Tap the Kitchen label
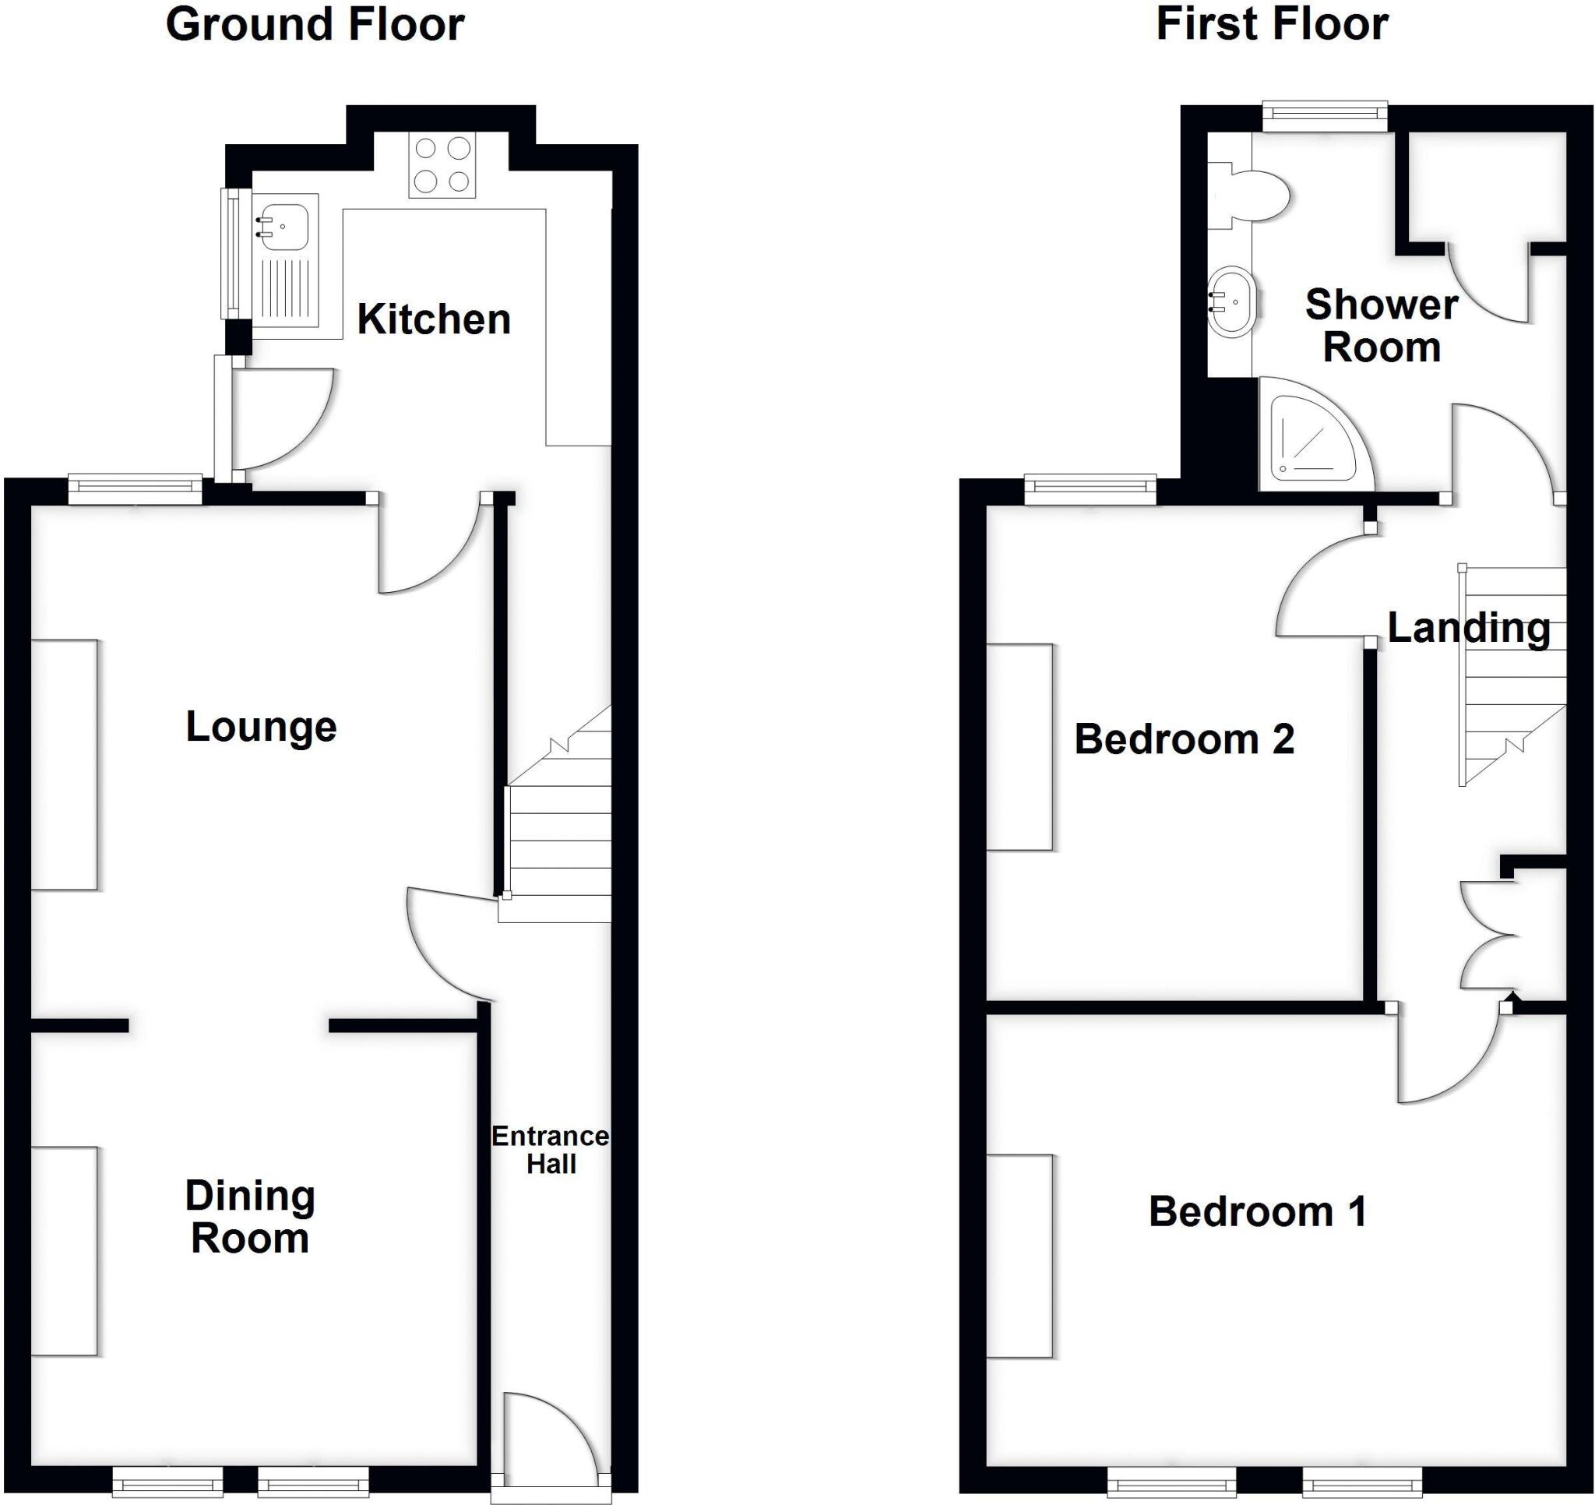click(433, 319)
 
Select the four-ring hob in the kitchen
click(442, 164)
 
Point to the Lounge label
click(261, 728)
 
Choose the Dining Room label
click(249, 1216)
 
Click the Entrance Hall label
click(551, 1150)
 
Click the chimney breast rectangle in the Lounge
click(65, 764)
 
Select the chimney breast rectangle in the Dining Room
click(65, 1251)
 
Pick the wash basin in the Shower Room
click(1231, 302)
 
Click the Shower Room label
click(1381, 326)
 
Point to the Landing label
click(1468, 628)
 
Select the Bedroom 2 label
click(1184, 739)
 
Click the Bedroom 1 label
click(1257, 1211)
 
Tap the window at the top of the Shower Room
click(1325, 117)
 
